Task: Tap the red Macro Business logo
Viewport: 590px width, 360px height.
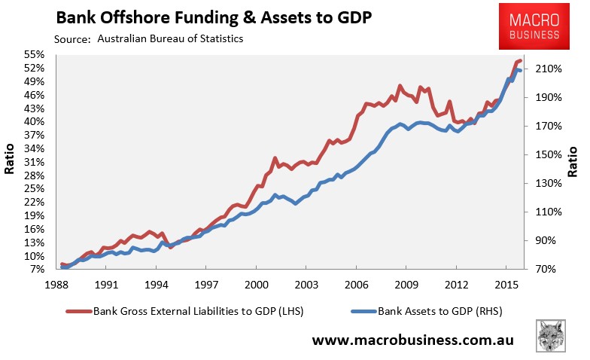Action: [538, 25]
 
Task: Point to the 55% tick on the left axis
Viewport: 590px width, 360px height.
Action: [35, 55]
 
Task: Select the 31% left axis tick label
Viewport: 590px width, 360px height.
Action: [35, 162]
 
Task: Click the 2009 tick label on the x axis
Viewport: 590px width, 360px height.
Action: [406, 285]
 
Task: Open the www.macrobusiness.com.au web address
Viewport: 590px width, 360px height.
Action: [412, 340]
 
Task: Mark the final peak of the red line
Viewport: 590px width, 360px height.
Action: [520, 60]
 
